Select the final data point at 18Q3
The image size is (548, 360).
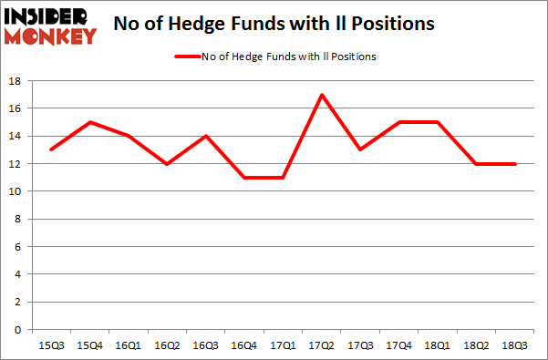[x=515, y=164]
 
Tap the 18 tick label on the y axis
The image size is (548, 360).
[x=16, y=81]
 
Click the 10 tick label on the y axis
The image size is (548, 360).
[x=16, y=191]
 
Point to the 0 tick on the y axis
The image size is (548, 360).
[x=19, y=330]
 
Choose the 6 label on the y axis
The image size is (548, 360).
[x=19, y=247]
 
